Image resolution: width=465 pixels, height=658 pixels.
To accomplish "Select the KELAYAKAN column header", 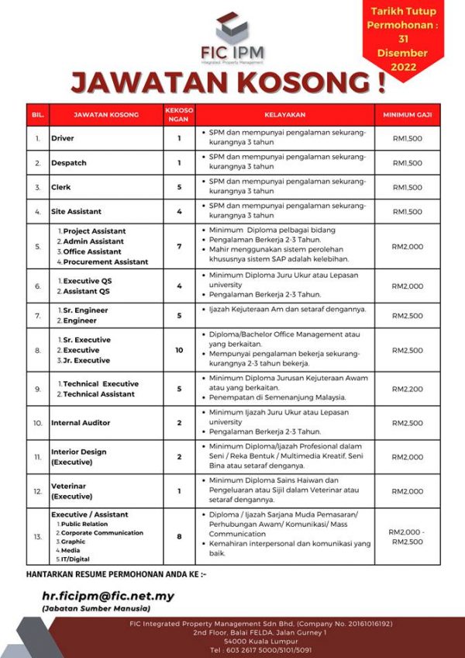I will click(x=284, y=115).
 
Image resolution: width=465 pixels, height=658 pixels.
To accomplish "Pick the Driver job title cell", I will click(x=63, y=139).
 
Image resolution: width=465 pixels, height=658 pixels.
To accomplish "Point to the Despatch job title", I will click(x=69, y=163).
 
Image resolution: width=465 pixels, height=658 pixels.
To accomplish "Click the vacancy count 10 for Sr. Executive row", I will click(x=179, y=350).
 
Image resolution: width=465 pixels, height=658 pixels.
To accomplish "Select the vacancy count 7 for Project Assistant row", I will click(x=179, y=246).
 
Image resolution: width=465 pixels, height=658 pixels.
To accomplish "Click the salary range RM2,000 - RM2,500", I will click(x=407, y=536).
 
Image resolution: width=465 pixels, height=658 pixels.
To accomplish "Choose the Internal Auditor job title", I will click(x=81, y=423).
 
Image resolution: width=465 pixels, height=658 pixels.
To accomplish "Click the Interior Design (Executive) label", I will click(x=78, y=456).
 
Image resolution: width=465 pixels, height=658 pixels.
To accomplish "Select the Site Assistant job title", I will click(x=76, y=211).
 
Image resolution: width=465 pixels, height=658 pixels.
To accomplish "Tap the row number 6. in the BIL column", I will click(x=37, y=286).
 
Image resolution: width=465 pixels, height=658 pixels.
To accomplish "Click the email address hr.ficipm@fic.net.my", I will click(x=108, y=596).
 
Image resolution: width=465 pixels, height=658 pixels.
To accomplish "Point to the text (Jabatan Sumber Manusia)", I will click(x=96, y=609).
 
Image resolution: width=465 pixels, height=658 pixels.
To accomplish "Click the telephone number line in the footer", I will click(x=232, y=650).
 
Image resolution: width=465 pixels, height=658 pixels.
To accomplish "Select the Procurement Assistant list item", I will click(x=105, y=261).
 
